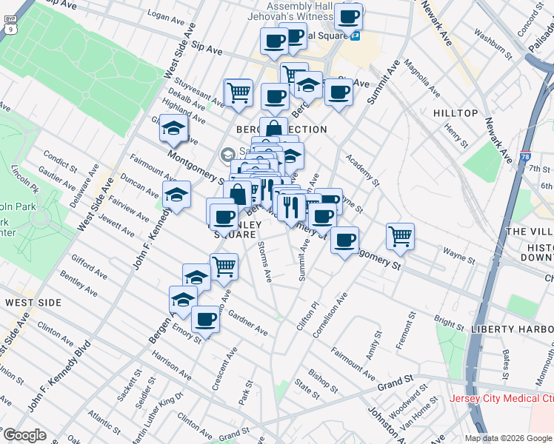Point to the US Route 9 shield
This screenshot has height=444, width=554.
pos(10,28)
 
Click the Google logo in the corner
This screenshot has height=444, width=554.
pos(24,435)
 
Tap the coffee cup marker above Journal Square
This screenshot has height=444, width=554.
pos(347,16)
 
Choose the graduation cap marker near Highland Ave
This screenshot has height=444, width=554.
pos(173,129)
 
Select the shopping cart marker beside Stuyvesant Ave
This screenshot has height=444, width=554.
pos(238,92)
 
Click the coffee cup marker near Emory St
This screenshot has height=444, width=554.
pos(206,319)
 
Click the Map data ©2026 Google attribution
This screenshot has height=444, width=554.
pos(508,438)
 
